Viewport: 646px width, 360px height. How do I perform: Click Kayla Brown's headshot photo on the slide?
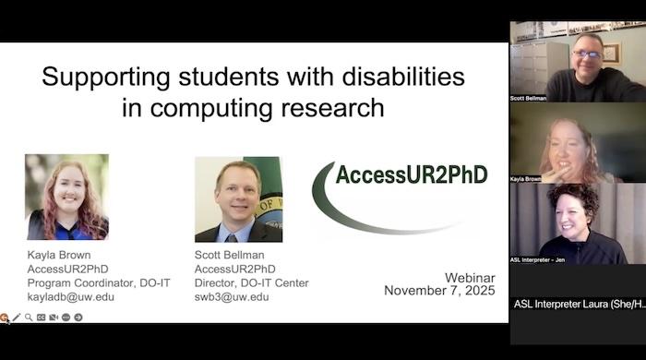click(66, 198)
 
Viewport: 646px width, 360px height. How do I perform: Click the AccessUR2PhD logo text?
click(411, 174)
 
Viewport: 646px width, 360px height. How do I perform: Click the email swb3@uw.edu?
click(232, 296)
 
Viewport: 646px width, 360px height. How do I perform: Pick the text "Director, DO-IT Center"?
click(251, 282)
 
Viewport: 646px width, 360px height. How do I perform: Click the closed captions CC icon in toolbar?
click(42, 317)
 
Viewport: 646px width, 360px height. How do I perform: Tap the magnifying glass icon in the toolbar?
click(29, 317)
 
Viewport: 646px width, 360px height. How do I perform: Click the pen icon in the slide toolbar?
click(17, 317)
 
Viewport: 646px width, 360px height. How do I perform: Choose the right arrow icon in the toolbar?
click(78, 317)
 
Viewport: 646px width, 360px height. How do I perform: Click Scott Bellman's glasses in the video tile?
click(587, 54)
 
